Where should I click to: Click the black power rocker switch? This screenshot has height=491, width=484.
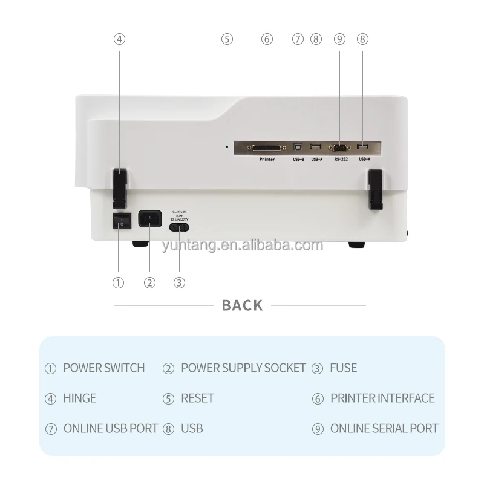tap(122, 222)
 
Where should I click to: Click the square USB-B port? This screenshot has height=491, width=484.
tap(298, 147)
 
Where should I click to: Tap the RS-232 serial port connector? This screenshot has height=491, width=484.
tap(339, 147)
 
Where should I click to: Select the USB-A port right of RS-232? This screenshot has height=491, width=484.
tap(362, 147)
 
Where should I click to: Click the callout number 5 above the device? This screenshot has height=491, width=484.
tap(227, 39)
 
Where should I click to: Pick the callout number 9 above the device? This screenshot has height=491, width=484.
tap(339, 39)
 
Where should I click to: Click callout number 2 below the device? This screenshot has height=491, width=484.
tap(149, 282)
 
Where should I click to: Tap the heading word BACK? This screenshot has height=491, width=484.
tap(242, 305)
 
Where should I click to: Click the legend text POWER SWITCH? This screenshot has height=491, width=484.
tap(103, 368)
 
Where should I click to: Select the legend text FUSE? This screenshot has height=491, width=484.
tap(343, 368)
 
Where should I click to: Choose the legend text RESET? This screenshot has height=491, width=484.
tap(197, 398)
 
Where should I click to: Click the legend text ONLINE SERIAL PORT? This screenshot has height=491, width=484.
tap(384, 428)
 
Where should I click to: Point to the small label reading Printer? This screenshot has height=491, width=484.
tap(267, 160)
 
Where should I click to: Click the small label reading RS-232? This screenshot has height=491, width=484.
tap(340, 160)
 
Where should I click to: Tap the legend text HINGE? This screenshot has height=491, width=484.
tap(79, 398)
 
